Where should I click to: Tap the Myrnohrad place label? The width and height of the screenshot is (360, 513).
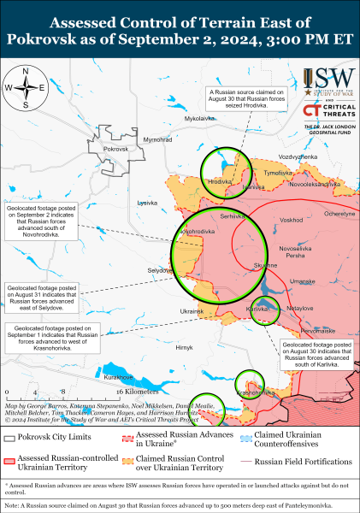coord(157,139)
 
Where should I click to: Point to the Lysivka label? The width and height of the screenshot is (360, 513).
coord(147,203)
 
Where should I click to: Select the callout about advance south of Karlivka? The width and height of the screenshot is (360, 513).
coord(315,353)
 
